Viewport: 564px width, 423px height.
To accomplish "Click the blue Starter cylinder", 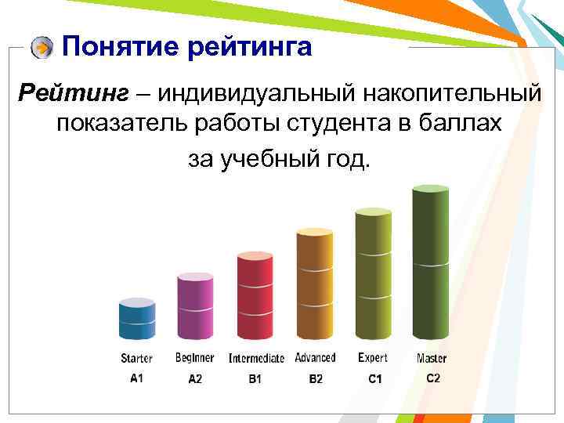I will pyautogui.click(x=136, y=321).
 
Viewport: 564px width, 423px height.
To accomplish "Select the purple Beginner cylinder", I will pyautogui.click(x=195, y=308).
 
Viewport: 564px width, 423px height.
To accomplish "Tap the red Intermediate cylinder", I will pyautogui.click(x=255, y=298).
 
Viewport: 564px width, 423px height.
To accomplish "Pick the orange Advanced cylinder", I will pyautogui.click(x=314, y=286).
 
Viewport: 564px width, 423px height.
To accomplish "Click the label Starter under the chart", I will pyautogui.click(x=136, y=359).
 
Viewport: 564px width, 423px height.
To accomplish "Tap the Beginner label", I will pyautogui.click(x=194, y=358).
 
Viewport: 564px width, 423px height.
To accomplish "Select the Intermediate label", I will pyautogui.click(x=256, y=359).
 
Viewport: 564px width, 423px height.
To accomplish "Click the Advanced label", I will pyautogui.click(x=315, y=358).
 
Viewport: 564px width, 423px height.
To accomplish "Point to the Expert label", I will pyautogui.click(x=373, y=358).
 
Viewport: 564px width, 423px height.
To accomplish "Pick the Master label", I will pyautogui.click(x=432, y=359).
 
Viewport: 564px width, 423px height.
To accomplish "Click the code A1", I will pyautogui.click(x=136, y=378).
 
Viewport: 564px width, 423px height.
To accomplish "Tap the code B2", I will pyautogui.click(x=315, y=378).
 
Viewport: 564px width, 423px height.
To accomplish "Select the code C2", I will pyautogui.click(x=433, y=378).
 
